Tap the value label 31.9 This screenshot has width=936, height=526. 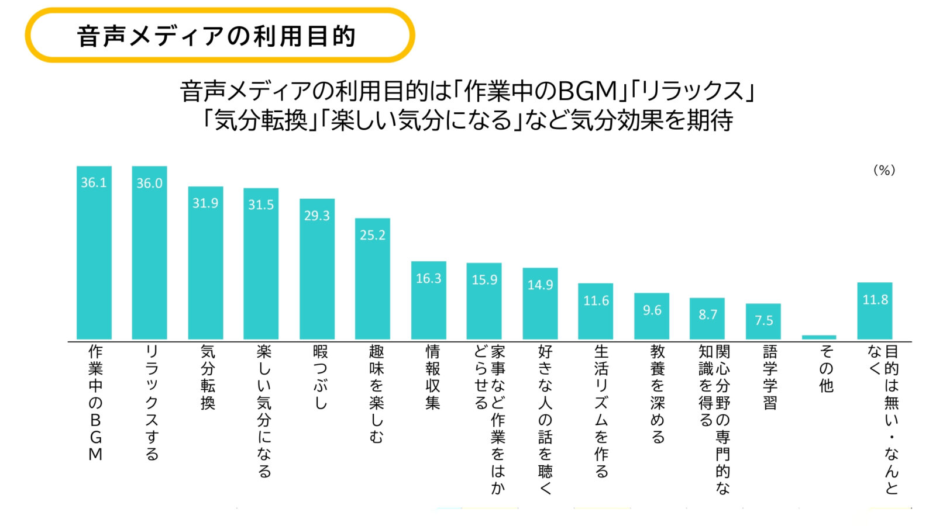205,203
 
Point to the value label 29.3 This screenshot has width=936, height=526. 317,216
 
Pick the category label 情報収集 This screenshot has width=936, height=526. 432,377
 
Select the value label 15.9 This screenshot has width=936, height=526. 484,280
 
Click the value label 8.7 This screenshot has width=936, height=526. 708,314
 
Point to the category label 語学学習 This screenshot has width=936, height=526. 770,377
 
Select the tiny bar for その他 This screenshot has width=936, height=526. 819,337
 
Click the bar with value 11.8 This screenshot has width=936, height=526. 875,316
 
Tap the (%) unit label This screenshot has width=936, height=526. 884,170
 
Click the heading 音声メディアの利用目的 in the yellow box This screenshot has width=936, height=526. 216,36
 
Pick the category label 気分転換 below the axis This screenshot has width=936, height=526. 208,377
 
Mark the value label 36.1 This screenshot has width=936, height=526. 94,182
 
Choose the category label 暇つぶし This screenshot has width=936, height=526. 320,377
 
